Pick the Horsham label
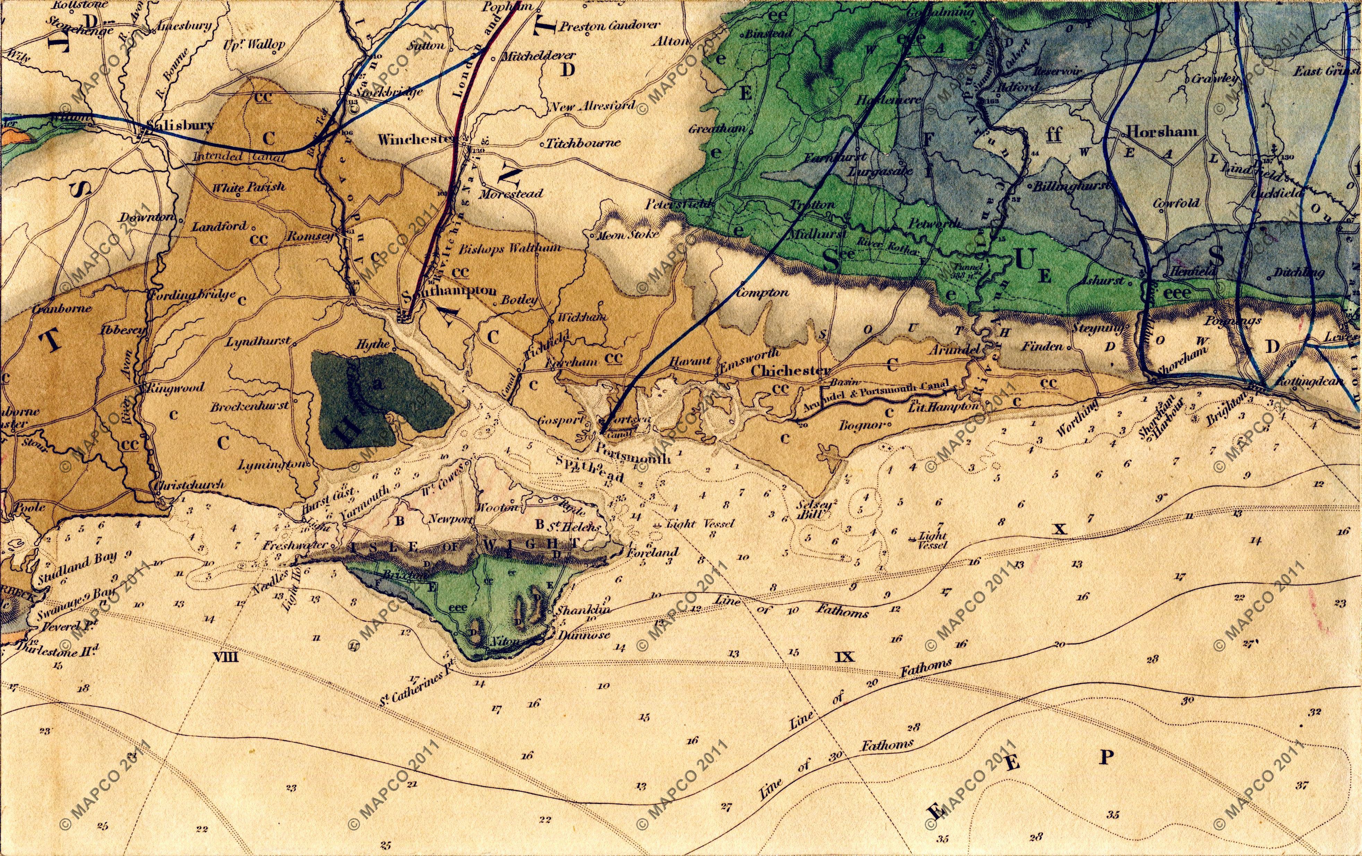(x=1162, y=131)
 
